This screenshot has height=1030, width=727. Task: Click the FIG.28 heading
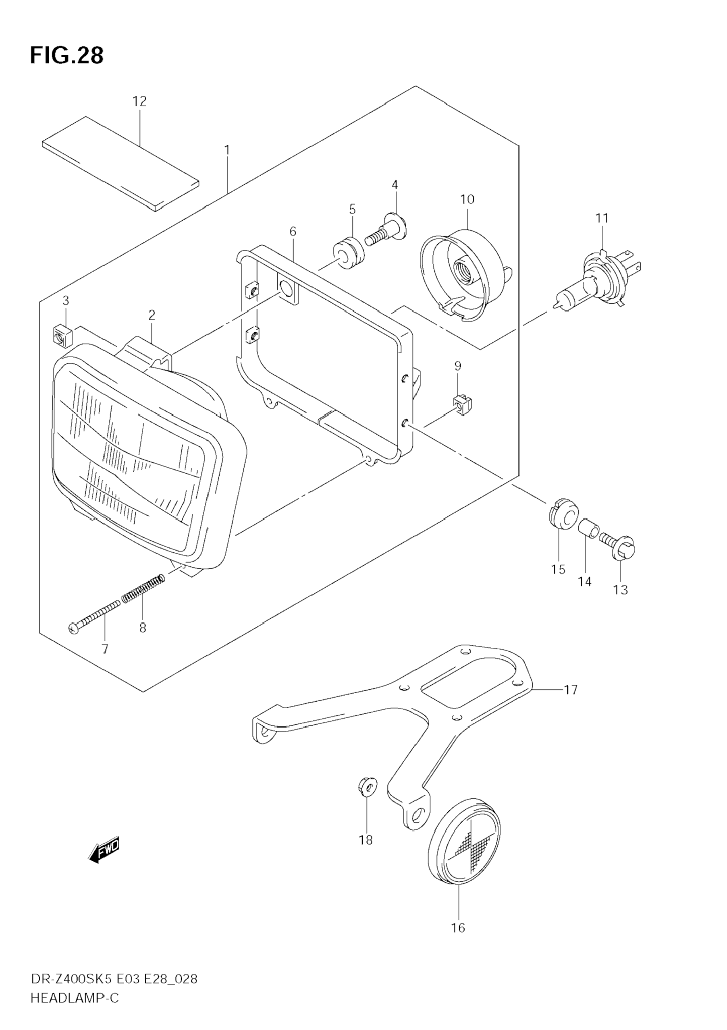click(x=66, y=56)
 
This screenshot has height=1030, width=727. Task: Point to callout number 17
click(x=571, y=689)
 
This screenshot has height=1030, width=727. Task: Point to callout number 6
click(x=293, y=232)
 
